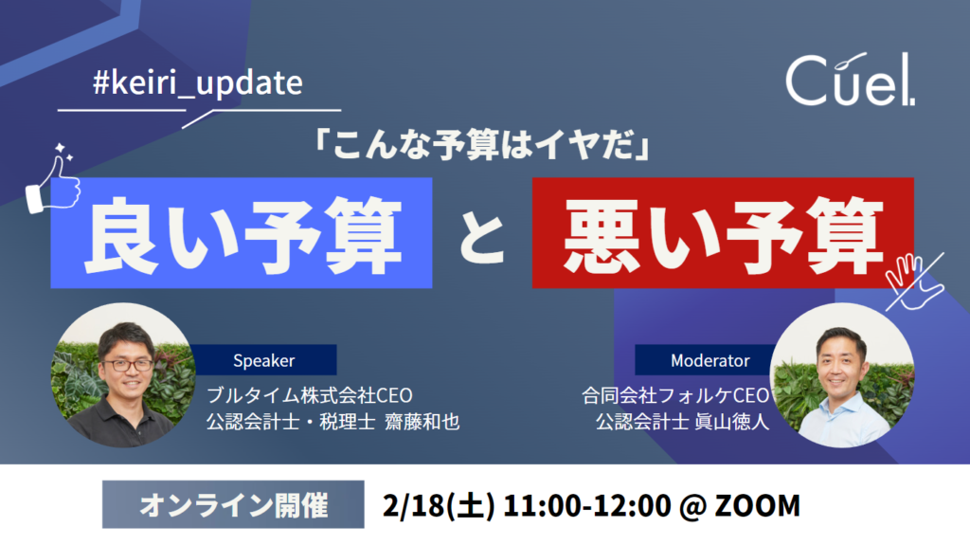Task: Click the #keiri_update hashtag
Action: [x=198, y=83]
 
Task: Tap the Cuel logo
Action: [x=850, y=80]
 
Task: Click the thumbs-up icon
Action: [x=53, y=179]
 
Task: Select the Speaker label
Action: [x=263, y=360]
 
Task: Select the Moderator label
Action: [x=710, y=360]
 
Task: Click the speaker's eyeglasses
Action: [x=128, y=365]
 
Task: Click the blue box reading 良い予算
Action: [x=242, y=233]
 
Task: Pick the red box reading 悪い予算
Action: [x=723, y=233]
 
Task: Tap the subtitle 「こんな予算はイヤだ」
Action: [x=481, y=146]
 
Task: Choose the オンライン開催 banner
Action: [x=233, y=505]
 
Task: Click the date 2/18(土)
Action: [x=439, y=505]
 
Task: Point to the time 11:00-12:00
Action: [x=586, y=505]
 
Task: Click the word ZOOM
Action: [x=757, y=505]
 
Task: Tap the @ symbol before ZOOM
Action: [x=692, y=506]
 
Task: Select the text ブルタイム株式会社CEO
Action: [x=310, y=395]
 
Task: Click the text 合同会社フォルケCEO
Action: [x=675, y=395]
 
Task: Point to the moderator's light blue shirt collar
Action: [x=842, y=405]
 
